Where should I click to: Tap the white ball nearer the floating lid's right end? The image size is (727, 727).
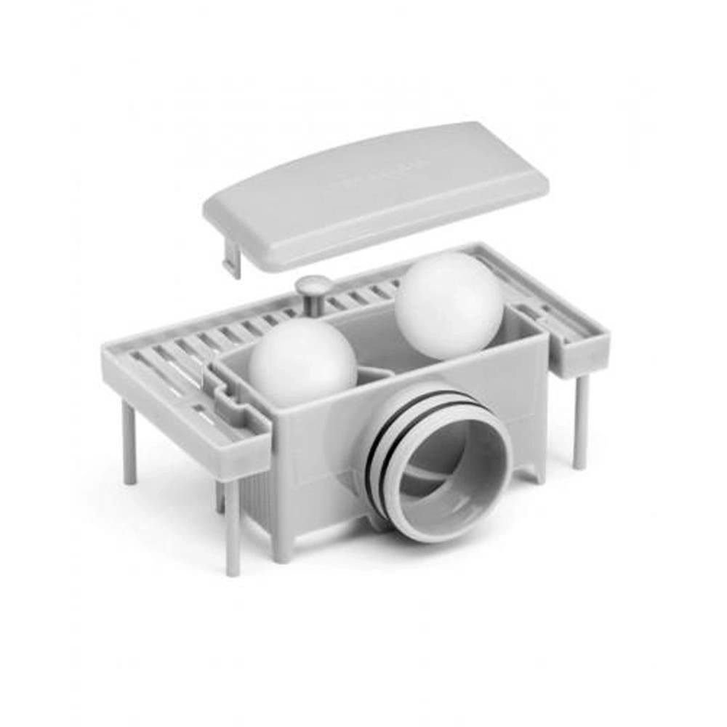click(449, 304)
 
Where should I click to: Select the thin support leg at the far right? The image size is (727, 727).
click(579, 422)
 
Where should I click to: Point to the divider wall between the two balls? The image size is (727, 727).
click(374, 375)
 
